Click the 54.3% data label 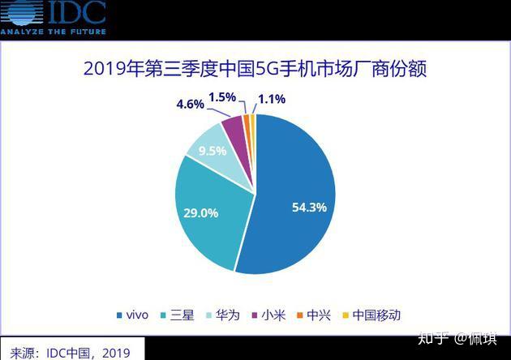[309, 208]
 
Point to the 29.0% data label [200, 212]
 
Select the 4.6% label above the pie [191, 104]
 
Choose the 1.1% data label [272, 101]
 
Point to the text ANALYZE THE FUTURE [53, 31]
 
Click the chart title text [255, 68]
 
